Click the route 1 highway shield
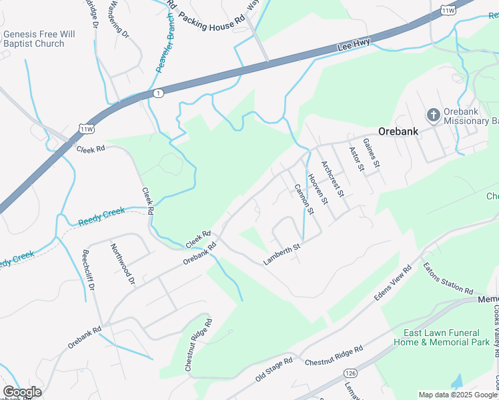[157, 93]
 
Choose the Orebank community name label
[398, 131]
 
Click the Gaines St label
[371, 153]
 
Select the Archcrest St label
[332, 179]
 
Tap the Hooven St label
[318, 189]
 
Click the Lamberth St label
[282, 255]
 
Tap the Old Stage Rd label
[274, 369]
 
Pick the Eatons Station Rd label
[448, 278]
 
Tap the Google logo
[22, 391]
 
